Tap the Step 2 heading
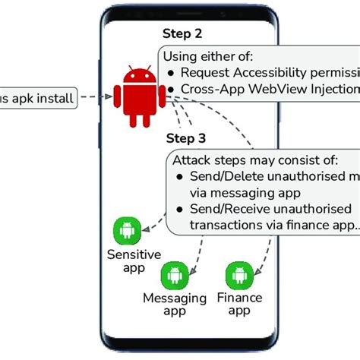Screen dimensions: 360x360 coord(183,33)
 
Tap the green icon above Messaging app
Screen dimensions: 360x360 coord(175,275)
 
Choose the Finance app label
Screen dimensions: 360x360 coord(239,305)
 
